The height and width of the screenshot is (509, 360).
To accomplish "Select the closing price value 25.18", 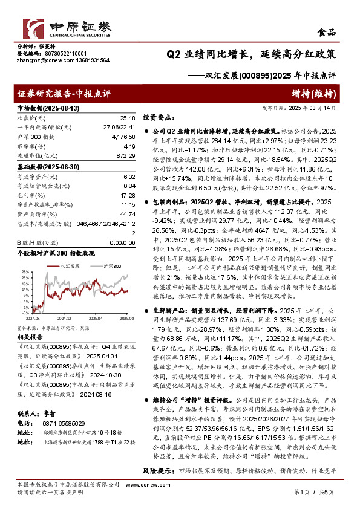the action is (127, 118).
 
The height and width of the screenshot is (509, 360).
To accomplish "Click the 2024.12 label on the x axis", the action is (64, 316).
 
